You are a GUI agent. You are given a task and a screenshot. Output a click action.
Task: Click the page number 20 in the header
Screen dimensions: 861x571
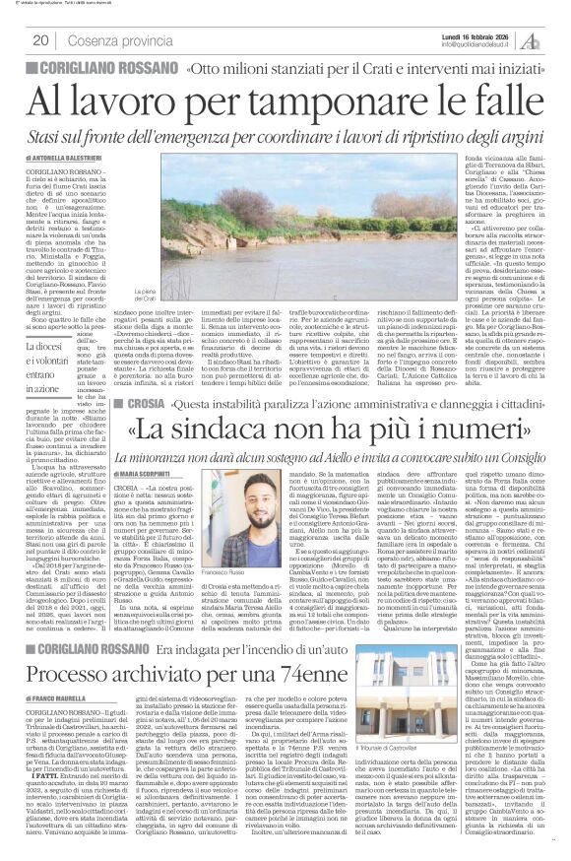coord(41,40)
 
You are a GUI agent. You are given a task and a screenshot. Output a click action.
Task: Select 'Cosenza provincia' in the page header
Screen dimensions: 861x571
coord(114,40)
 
